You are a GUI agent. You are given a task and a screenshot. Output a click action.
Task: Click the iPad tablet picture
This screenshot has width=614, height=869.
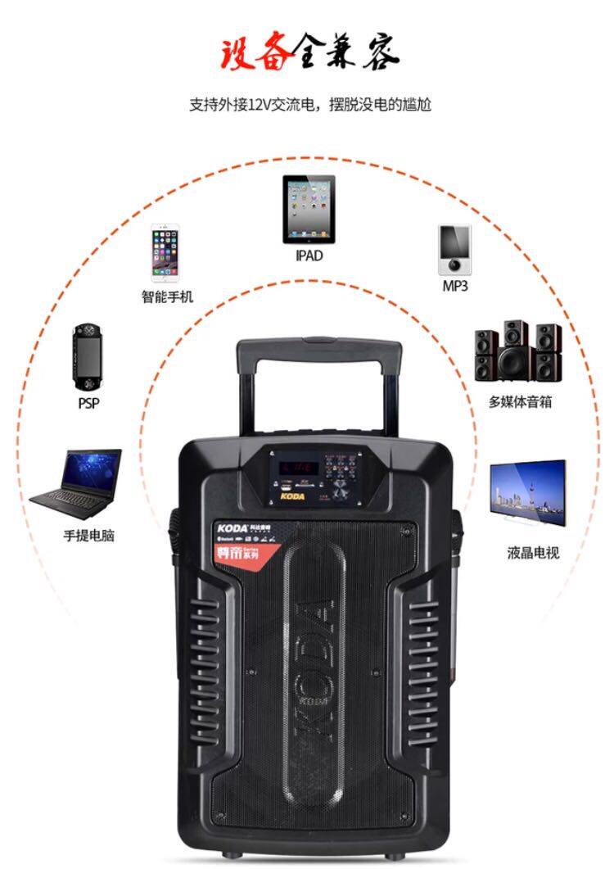(309, 209)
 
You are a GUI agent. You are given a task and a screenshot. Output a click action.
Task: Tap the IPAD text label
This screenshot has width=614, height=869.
(309, 256)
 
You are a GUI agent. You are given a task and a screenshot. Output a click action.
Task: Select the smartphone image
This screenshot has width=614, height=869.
(164, 251)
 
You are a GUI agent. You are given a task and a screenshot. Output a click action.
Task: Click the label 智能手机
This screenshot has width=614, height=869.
(167, 296)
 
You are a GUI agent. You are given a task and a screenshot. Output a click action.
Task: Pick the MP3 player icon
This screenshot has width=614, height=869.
(454, 250)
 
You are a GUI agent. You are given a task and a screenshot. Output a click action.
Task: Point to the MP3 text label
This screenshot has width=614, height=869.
(455, 286)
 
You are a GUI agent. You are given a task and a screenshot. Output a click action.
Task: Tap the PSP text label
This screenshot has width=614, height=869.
(88, 404)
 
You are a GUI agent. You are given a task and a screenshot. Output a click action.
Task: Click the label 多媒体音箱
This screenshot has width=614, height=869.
(520, 402)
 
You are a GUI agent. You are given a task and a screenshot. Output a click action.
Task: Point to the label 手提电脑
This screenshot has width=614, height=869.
(88, 536)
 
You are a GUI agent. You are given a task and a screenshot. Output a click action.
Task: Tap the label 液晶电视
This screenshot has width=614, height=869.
(532, 553)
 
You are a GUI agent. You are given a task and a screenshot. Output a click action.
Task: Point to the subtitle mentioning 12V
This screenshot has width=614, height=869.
(309, 105)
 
